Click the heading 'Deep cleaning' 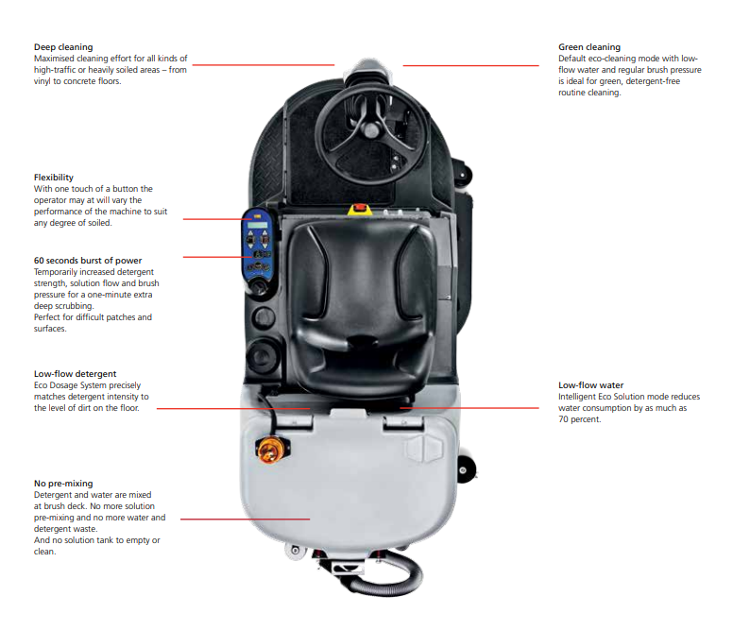click(x=63, y=46)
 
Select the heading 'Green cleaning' click(x=589, y=46)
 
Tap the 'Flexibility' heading click(x=54, y=178)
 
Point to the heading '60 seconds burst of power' click(x=88, y=260)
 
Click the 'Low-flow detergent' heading click(x=76, y=374)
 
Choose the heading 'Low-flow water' click(x=590, y=385)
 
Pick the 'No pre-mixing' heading click(x=63, y=484)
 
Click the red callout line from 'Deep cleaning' click(x=264, y=65)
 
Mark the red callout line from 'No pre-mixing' click(x=245, y=519)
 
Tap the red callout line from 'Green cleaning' click(x=469, y=65)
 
